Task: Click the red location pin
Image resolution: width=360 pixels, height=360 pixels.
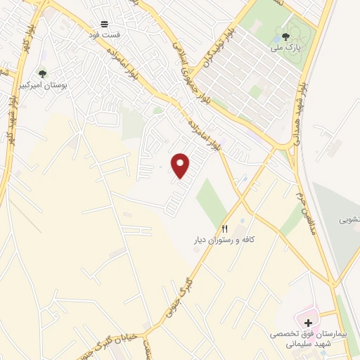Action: pos(181,165)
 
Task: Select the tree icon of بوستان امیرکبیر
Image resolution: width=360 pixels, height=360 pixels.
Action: pos(42,73)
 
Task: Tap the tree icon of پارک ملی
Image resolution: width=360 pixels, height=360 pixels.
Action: pos(285,37)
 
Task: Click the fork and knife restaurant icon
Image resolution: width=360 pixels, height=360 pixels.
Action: pos(225,229)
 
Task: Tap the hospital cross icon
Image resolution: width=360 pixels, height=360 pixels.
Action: pos(309,322)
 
